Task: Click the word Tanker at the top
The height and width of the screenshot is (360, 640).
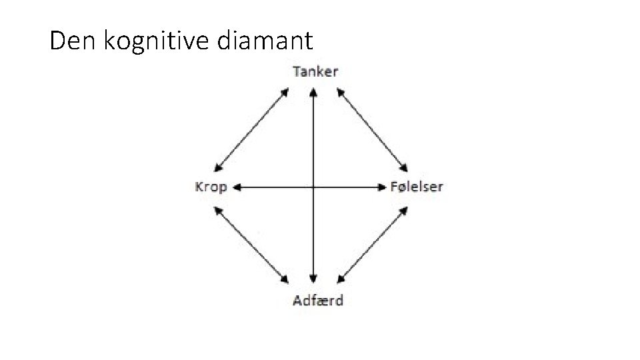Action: [x=315, y=71]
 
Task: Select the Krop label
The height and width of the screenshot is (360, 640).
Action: [x=211, y=187]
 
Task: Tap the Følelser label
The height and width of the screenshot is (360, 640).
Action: [x=417, y=187]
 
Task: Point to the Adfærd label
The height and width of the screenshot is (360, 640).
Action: [x=318, y=300]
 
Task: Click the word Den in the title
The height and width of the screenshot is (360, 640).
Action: [x=73, y=41]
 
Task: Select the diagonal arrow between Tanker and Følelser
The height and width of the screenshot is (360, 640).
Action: [x=373, y=129]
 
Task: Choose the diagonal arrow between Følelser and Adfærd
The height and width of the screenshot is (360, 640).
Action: [x=373, y=243]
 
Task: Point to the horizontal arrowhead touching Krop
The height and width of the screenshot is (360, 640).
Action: [x=236, y=187]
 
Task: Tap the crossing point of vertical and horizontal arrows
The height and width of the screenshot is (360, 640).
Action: [x=313, y=187]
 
